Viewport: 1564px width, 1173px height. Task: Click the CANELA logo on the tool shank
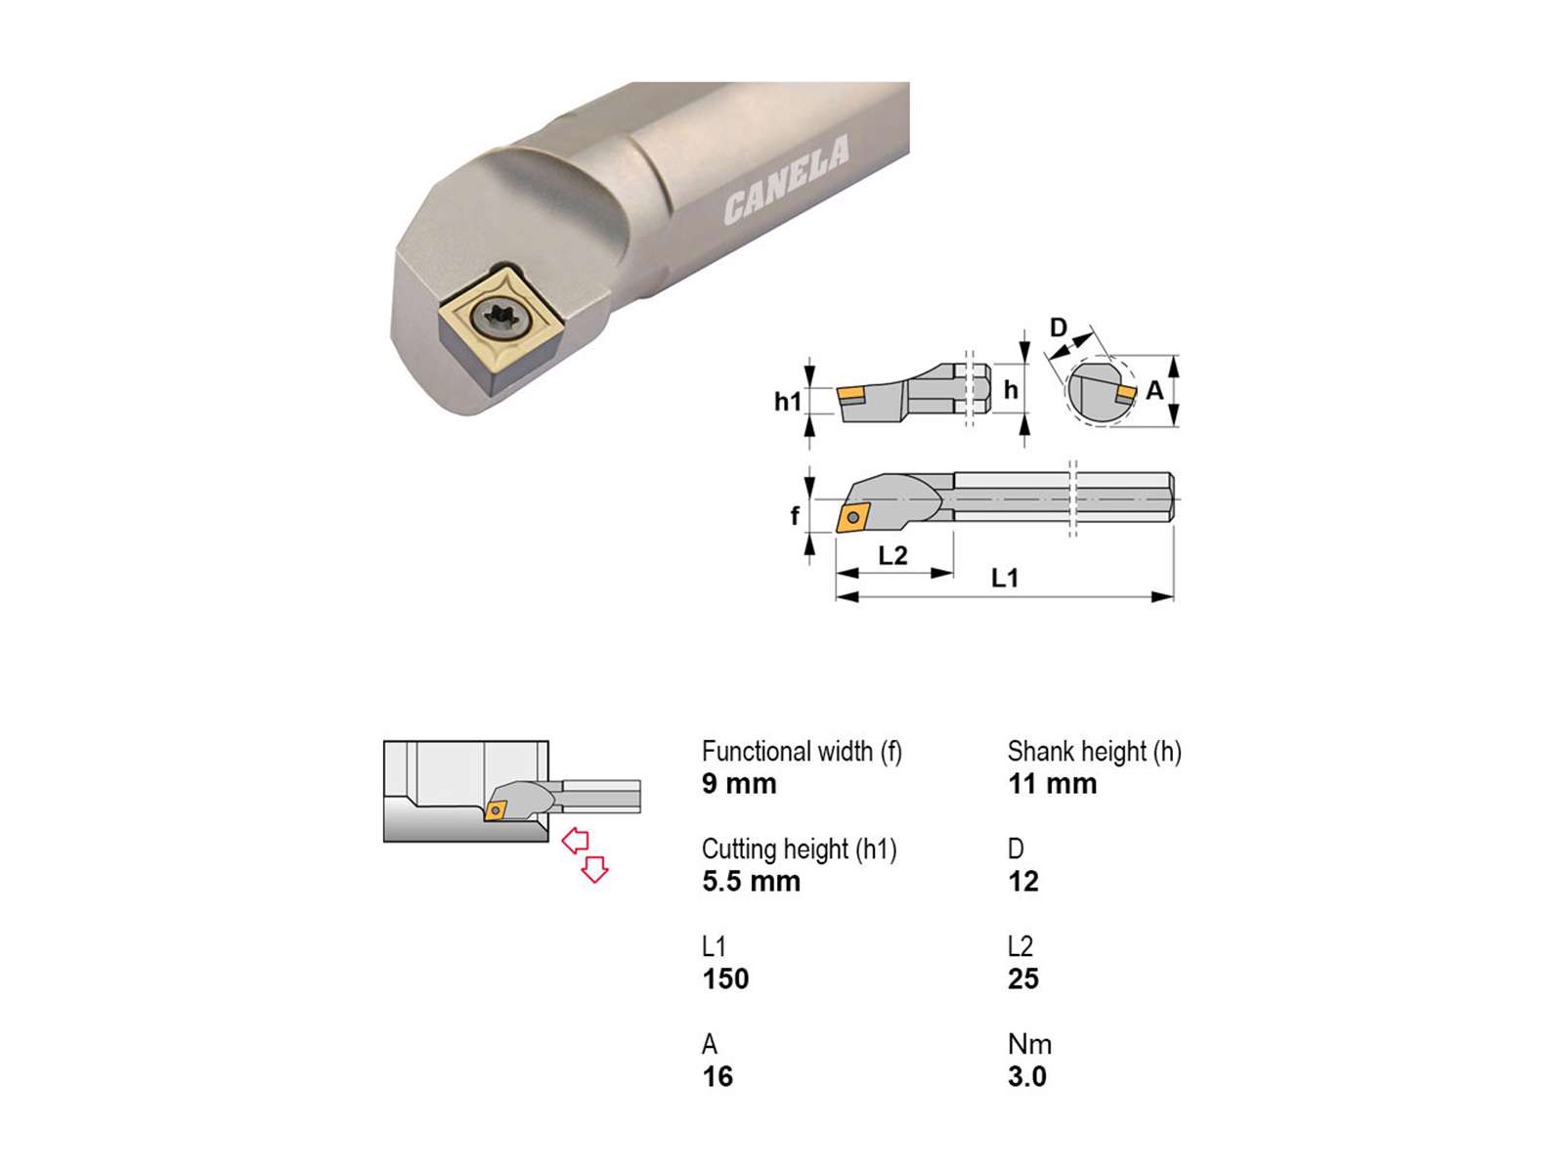(x=786, y=179)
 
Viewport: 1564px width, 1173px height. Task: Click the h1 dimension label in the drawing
(x=788, y=402)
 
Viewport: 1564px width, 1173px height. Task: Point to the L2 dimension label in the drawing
(x=892, y=555)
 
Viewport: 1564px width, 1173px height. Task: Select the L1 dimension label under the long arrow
(x=1005, y=578)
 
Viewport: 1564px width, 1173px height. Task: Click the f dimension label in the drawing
(x=795, y=515)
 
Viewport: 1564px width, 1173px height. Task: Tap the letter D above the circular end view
(x=1059, y=327)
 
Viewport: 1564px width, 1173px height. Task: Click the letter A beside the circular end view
(x=1154, y=390)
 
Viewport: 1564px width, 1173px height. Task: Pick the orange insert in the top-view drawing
(x=853, y=517)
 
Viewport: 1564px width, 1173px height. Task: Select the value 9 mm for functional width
(x=739, y=783)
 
